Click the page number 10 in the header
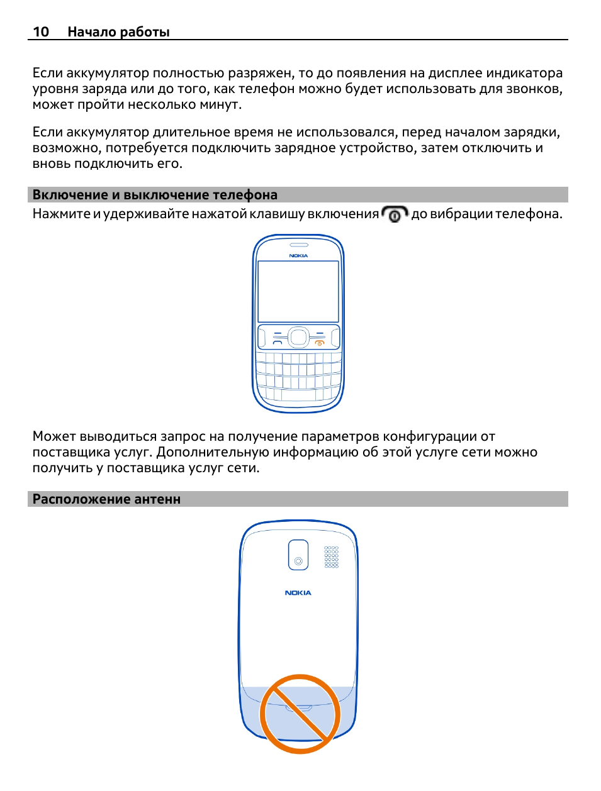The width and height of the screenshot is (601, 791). tap(41, 31)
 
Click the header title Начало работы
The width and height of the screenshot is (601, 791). tap(118, 32)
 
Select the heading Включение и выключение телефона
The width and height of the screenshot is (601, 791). tap(155, 195)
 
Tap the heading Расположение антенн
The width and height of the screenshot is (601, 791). tap(106, 499)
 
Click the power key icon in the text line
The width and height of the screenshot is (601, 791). tap(395, 214)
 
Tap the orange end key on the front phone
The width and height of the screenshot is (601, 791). tap(320, 343)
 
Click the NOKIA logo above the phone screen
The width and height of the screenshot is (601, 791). tap(298, 255)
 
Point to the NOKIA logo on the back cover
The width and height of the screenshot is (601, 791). tap(298, 593)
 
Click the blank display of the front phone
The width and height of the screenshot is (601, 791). tap(298, 292)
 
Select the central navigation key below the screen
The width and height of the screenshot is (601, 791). tap(298, 337)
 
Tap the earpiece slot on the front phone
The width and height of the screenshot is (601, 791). tap(299, 245)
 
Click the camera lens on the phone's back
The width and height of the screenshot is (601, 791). tap(298, 561)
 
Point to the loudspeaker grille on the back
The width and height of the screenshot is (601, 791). tap(331, 557)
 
